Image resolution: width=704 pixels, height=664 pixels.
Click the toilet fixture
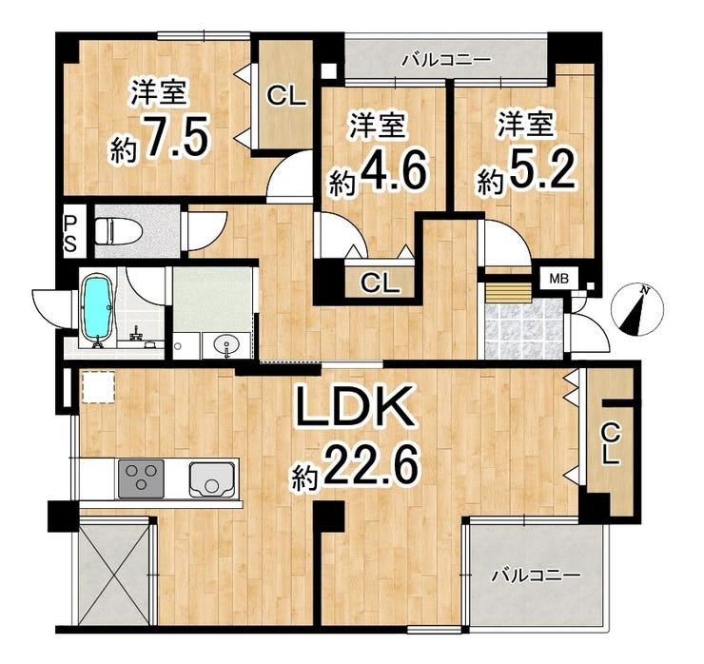119,231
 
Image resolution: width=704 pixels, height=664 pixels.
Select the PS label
71,233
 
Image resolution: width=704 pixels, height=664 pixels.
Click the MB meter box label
559,280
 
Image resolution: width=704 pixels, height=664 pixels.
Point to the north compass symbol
637,310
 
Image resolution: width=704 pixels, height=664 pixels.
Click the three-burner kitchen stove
142,478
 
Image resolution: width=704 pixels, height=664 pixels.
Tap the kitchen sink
212,479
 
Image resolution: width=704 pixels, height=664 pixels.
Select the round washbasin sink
226,346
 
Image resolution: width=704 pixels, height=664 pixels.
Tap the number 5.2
541,172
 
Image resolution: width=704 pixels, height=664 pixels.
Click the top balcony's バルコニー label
440,60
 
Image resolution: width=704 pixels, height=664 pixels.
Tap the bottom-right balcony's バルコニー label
536,576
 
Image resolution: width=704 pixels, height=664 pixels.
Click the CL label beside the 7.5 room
286,96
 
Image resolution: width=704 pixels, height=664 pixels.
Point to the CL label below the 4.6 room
381,283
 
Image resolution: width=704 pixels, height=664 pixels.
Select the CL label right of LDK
611,444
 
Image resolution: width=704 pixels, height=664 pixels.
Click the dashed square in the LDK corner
99,387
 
